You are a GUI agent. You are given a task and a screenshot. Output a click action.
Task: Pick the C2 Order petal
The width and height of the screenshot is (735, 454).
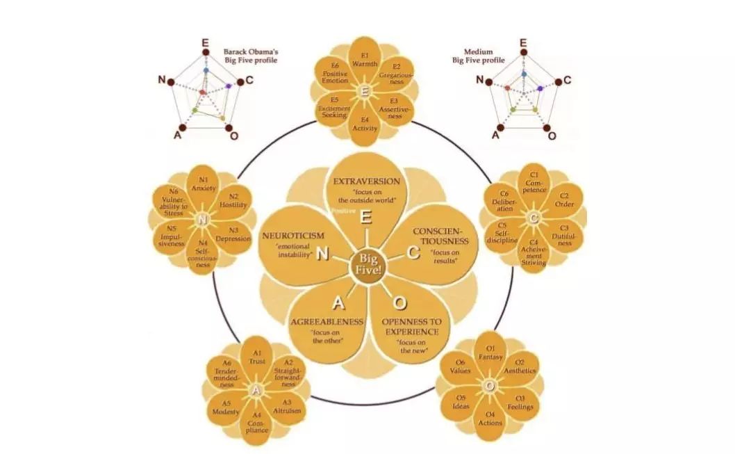(x=564, y=201)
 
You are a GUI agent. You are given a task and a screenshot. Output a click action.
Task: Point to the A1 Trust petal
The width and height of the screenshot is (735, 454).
(x=257, y=357)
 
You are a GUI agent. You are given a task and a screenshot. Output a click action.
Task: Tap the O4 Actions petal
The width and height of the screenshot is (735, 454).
(x=490, y=419)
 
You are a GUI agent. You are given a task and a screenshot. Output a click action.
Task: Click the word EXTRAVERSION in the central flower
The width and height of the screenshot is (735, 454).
(x=366, y=181)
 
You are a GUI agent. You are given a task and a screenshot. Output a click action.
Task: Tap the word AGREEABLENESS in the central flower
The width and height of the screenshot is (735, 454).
(x=327, y=322)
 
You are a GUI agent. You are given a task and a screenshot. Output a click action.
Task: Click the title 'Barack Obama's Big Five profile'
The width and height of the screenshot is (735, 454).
(x=251, y=56)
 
